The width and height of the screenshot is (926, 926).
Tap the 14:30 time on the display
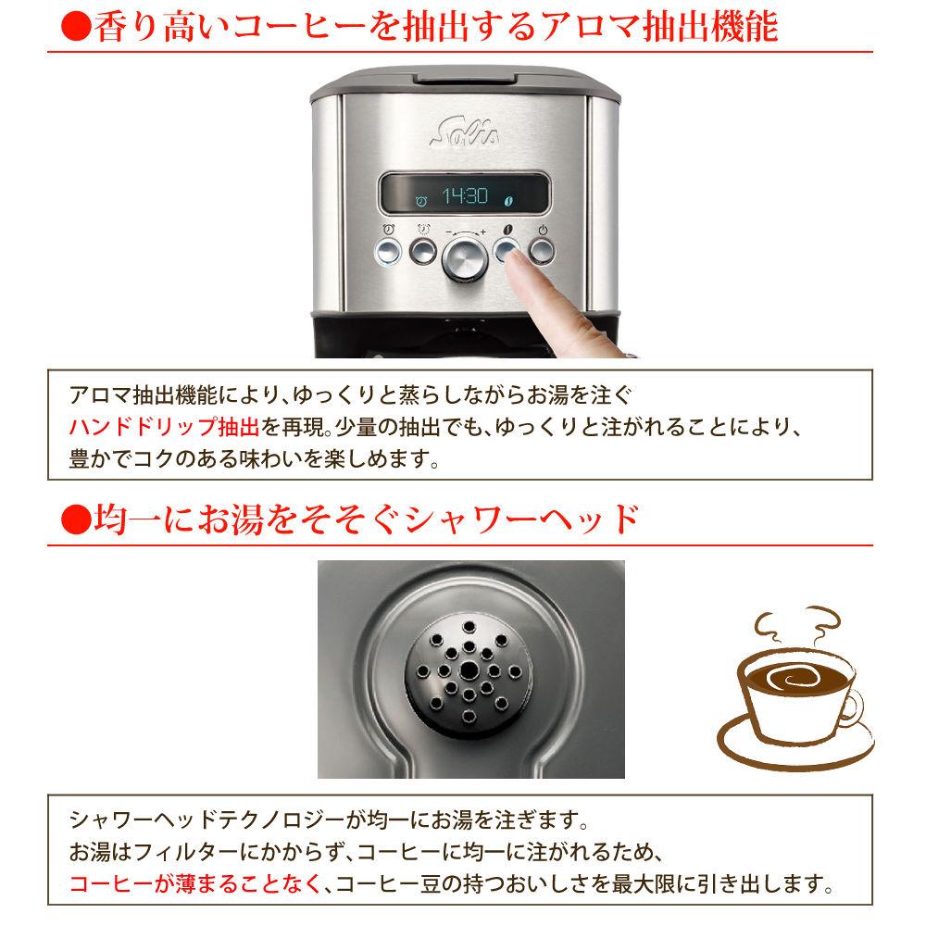point(463,196)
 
